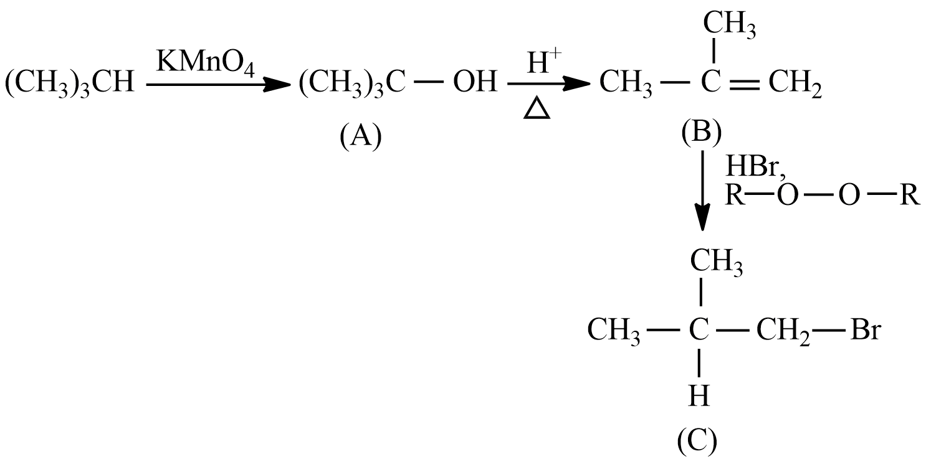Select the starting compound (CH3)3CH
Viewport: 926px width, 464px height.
(x=69, y=83)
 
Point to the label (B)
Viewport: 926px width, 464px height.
(x=702, y=133)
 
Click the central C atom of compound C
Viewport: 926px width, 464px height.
(x=699, y=330)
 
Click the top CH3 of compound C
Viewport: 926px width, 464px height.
(x=717, y=262)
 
